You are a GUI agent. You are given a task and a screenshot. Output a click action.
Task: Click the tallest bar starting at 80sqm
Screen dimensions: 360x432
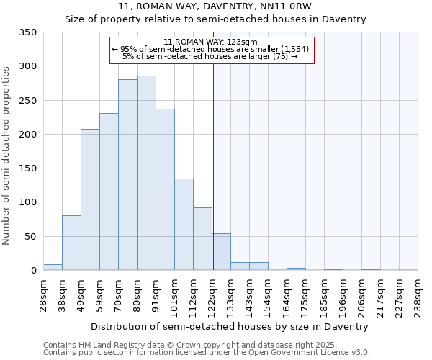[x=146, y=173]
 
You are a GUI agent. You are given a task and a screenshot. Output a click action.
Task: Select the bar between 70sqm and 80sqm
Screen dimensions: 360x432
[x=127, y=175]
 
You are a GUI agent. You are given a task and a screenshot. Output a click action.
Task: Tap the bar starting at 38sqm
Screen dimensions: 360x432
[x=71, y=243]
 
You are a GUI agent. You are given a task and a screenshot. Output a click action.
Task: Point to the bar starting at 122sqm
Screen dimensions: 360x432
[x=221, y=252]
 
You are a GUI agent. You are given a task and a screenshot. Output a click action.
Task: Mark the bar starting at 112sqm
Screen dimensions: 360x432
[x=202, y=239]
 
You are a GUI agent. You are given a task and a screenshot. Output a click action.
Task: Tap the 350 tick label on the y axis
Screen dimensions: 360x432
[x=27, y=32]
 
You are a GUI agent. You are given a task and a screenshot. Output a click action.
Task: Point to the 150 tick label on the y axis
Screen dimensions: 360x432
[x=27, y=168]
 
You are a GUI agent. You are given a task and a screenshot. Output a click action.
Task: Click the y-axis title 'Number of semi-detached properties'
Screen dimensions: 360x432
[x=6, y=155]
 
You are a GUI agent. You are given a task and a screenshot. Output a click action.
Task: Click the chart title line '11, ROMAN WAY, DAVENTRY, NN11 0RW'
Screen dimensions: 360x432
[x=217, y=7]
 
